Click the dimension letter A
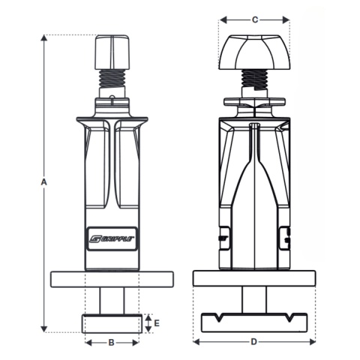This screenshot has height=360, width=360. coord(44,182)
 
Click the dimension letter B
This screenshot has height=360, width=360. coord(112,343)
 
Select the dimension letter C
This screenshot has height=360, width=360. coord(254,20)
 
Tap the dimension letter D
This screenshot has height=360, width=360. coord(253,343)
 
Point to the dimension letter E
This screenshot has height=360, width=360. coord(156,323)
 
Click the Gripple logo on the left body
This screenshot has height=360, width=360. coord(112,239)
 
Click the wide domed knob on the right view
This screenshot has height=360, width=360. coord(254,52)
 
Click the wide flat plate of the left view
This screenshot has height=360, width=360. coord(112,279)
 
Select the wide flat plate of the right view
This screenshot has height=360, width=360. coord(253,278)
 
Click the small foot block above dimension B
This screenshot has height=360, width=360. coord(112,323)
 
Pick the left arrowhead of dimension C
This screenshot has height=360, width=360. coord(221,20)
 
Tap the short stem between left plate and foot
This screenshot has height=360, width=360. coord(112,301)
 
